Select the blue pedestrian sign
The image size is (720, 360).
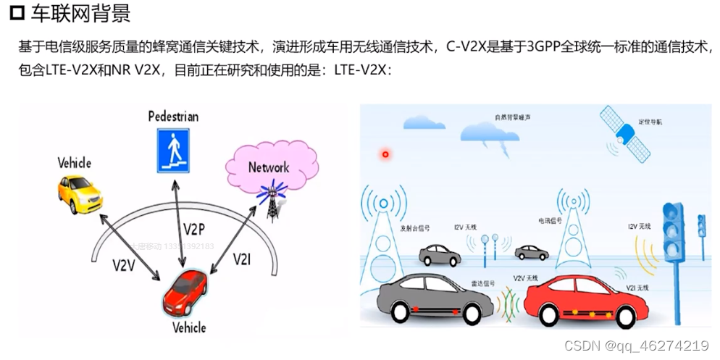173,150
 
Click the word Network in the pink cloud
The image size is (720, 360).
269,167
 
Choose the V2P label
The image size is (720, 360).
194,230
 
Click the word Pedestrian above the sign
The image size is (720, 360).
173,116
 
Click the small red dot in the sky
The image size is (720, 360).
385,154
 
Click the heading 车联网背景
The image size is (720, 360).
80,14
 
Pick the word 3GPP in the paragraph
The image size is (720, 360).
545,48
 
